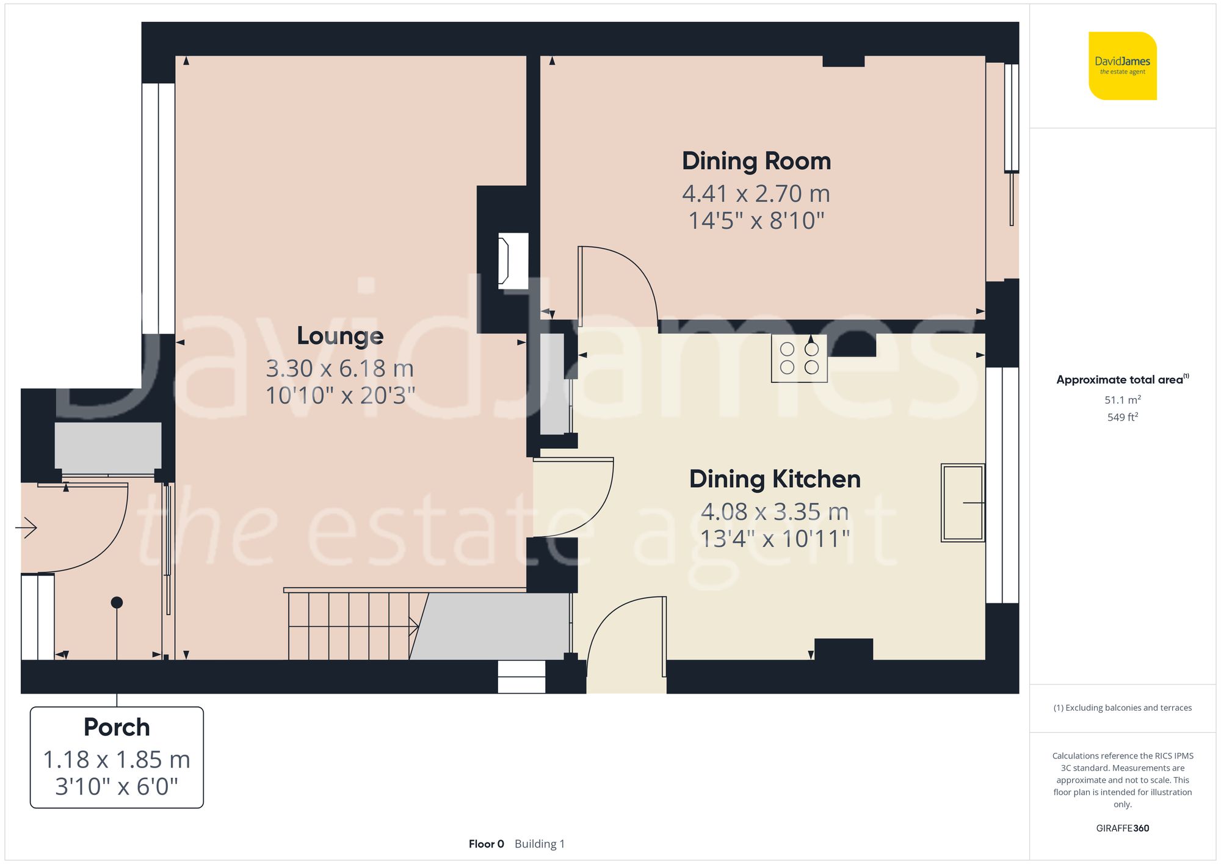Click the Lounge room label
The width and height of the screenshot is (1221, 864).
click(340, 336)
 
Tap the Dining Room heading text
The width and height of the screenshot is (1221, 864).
click(756, 161)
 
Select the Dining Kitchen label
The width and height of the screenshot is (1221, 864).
click(775, 479)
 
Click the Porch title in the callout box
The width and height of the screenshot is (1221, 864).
click(117, 727)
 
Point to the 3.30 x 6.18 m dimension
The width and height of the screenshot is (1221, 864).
click(340, 369)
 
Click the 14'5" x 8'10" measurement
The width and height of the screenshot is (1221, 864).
click(756, 221)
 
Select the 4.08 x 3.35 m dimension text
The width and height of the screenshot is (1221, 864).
click(775, 512)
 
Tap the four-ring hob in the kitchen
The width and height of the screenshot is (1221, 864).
click(799, 358)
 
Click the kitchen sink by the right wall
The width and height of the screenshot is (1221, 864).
click(963, 503)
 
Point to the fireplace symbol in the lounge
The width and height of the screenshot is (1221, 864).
click(512, 261)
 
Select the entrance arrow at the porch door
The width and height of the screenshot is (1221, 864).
click(26, 527)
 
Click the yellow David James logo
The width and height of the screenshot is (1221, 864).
click(1122, 66)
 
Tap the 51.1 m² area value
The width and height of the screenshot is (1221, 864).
click(1122, 400)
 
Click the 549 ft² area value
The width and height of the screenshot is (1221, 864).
click(1122, 417)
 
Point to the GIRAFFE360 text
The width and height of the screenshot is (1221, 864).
click(1122, 829)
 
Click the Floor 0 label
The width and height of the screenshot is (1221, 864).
click(486, 844)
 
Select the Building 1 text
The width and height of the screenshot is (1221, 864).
click(540, 844)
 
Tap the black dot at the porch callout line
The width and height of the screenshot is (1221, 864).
click(117, 603)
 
